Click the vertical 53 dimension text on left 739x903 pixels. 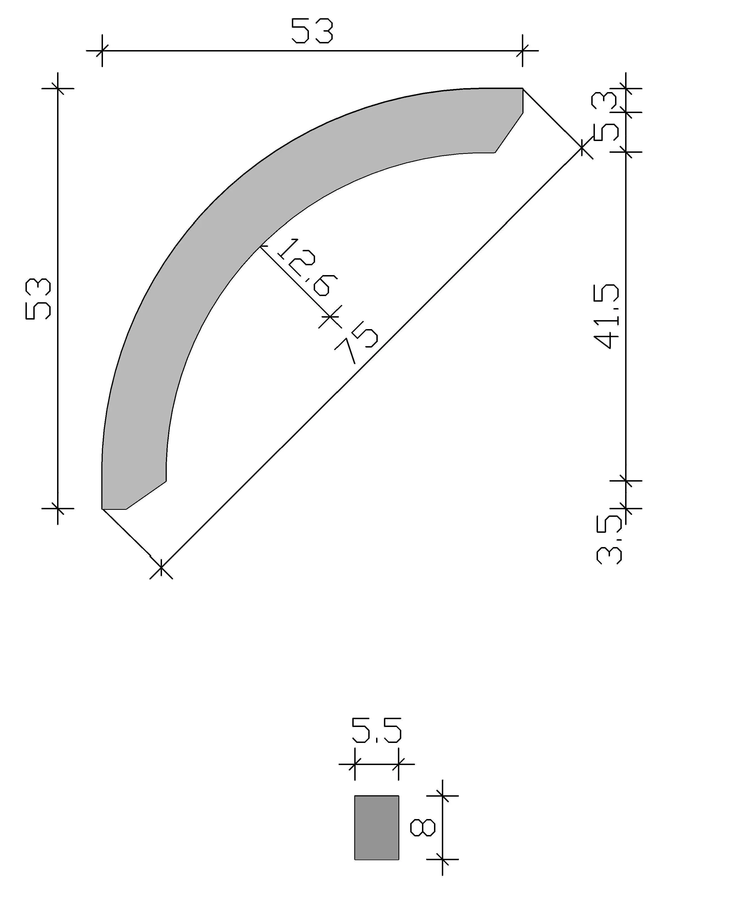pyautogui.click(x=38, y=299)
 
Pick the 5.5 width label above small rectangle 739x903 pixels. pyautogui.click(x=376, y=731)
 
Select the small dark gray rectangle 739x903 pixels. pyautogui.click(x=376, y=828)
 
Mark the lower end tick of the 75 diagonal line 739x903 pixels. pyautogui.click(x=161, y=567)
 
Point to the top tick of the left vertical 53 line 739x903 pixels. pyautogui.click(x=58, y=88)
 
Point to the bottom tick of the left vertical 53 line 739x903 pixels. pyautogui.click(x=58, y=508)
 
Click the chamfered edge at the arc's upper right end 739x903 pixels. pyautogui.click(x=509, y=132)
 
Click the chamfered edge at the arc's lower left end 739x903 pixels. pyautogui.click(x=146, y=495)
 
